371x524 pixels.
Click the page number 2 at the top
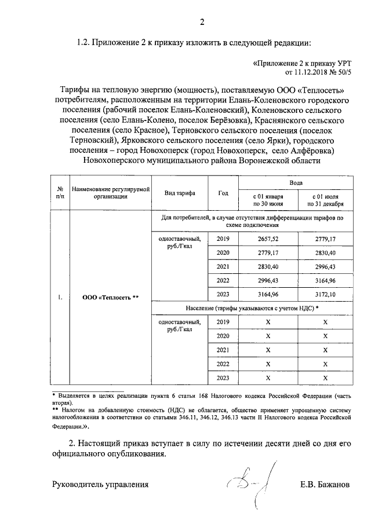coord(202,23)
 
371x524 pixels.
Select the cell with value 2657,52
coord(267,239)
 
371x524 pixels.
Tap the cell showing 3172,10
coord(325,294)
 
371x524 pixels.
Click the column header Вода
coord(296,181)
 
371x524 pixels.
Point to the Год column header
coord(223,193)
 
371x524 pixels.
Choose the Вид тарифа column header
coord(179,193)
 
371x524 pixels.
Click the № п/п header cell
coord(60,193)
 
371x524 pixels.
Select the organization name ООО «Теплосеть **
coord(110,298)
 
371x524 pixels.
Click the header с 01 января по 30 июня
coord(267,200)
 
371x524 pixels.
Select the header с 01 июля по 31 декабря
coord(325,200)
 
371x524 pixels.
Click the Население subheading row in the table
coord(252,307)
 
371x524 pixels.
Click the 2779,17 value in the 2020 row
coord(267,252)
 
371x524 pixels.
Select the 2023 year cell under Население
coord(223,378)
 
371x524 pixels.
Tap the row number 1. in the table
coord(60,298)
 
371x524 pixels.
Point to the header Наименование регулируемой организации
coord(110,193)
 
